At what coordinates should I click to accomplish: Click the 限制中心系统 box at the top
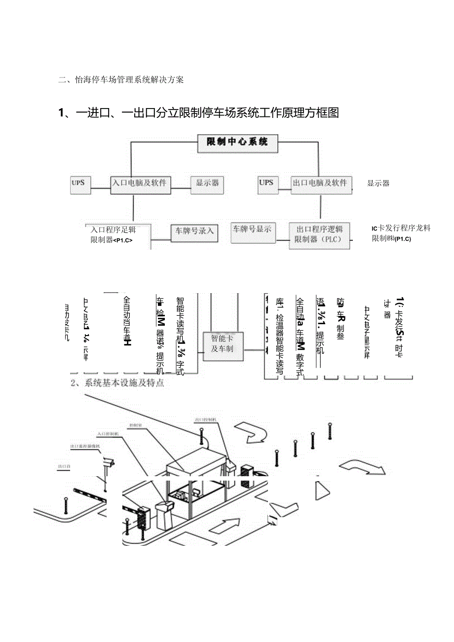pyautogui.click(x=237, y=142)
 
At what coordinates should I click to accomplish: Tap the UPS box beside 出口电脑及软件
pyautogui.click(x=265, y=183)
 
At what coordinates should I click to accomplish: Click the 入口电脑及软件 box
pyautogui.click(x=139, y=183)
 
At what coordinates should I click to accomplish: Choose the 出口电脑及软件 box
pyautogui.click(x=320, y=183)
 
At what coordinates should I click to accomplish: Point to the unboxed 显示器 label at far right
pyautogui.click(x=378, y=184)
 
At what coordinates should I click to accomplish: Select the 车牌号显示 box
pyautogui.click(x=252, y=229)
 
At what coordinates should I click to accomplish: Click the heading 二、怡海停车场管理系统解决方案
pyautogui.click(x=121, y=79)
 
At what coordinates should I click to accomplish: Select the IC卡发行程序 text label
pyautogui.click(x=401, y=228)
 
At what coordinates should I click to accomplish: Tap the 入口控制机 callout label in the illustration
pyautogui.click(x=107, y=434)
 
